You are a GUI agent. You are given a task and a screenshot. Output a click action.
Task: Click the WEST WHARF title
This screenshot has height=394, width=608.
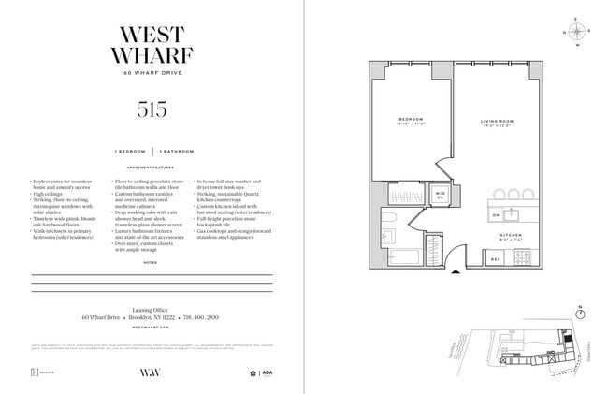(x=152, y=41)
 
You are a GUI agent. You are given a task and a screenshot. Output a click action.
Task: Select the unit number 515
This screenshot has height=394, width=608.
(x=152, y=109)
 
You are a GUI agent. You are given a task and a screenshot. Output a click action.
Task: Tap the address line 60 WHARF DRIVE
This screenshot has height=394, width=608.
(x=152, y=73)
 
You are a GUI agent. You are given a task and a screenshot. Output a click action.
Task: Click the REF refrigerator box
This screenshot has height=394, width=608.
(x=496, y=258)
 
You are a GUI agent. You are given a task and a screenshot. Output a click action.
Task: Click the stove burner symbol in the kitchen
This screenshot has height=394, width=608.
(x=523, y=256)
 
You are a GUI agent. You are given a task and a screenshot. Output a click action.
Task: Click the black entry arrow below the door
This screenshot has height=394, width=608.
(x=456, y=273)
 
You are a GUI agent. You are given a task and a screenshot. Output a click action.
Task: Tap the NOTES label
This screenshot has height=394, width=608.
(x=152, y=263)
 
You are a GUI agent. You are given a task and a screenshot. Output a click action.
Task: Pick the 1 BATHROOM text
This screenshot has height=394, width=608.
(x=177, y=151)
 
